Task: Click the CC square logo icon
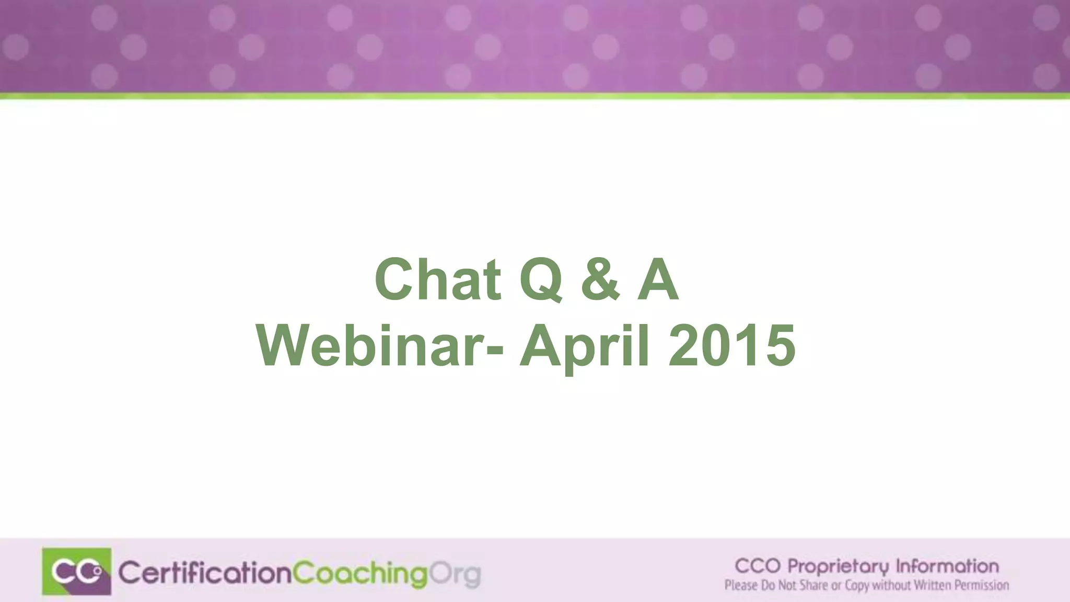[77, 571]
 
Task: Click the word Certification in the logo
[204, 573]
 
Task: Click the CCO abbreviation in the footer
[758, 566]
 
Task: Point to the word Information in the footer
[947, 566]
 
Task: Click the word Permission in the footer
[982, 585]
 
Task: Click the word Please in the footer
[740, 585]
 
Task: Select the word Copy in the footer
[856, 586]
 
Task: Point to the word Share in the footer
[813, 585]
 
